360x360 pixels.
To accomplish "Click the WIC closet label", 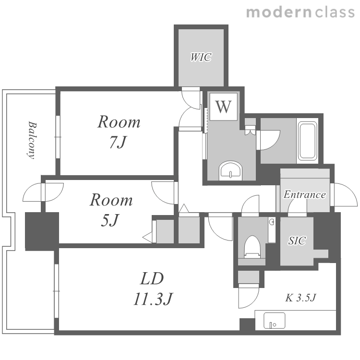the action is [x=201, y=57].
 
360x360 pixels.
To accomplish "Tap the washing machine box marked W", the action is [x=223, y=107].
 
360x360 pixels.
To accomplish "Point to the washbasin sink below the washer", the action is [x=231, y=171].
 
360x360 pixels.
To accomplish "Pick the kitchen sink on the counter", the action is [x=275, y=321].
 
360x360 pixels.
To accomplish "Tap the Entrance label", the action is [x=305, y=194].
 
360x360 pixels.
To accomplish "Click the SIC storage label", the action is [x=297, y=240].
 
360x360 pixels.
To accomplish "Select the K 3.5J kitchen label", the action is [x=300, y=298].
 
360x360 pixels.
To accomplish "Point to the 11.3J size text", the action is [x=153, y=299].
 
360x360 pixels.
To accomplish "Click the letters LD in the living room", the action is [x=152, y=278].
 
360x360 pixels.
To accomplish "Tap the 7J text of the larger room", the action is [x=118, y=142].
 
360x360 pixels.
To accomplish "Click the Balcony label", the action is [x=32, y=140].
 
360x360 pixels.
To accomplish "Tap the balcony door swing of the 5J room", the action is [x=43, y=192].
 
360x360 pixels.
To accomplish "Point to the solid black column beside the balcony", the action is [x=42, y=231].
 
